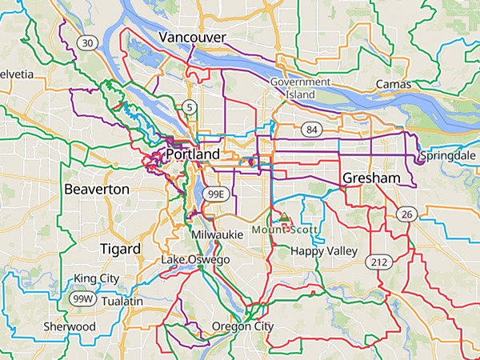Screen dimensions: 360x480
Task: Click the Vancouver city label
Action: pos(192,38)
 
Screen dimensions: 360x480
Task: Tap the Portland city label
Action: pos(193,154)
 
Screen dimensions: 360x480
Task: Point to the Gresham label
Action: pos(370,178)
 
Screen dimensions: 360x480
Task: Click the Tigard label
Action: pos(120,249)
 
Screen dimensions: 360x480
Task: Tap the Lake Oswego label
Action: pos(195,261)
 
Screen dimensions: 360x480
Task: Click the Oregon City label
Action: pos(242,326)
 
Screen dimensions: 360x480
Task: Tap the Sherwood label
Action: pos(69,326)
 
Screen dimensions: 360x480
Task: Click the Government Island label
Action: pos(300,88)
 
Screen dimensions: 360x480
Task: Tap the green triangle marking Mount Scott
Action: pos(283,216)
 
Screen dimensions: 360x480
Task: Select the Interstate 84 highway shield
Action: pos(311,129)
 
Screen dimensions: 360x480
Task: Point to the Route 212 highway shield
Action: pos(378,262)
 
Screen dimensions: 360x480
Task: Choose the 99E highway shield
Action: pos(215,194)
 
